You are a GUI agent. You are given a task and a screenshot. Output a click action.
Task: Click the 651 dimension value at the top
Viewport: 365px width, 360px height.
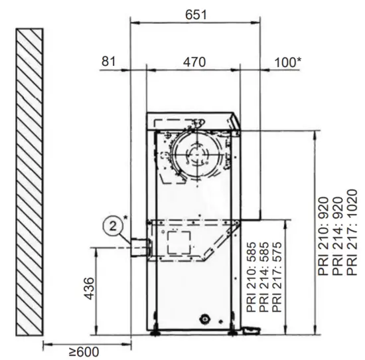click(196, 15)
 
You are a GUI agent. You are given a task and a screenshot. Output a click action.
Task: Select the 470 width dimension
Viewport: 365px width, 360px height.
click(194, 62)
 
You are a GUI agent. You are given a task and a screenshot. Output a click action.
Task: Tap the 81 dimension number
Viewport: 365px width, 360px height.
click(108, 62)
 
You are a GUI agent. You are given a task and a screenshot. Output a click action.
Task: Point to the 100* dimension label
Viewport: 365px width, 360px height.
click(288, 62)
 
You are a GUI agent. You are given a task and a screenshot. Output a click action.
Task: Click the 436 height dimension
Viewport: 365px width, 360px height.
click(90, 288)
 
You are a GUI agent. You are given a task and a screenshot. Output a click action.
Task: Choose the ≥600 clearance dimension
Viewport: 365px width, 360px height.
click(84, 352)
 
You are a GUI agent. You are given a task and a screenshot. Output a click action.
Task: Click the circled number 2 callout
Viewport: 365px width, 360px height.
click(113, 226)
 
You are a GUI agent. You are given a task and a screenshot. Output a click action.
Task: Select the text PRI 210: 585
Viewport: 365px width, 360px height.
click(252, 277)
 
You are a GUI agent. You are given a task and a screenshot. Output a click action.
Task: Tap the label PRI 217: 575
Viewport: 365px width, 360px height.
click(277, 277)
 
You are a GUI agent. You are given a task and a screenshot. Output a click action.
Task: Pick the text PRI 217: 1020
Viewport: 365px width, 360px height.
click(352, 232)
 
